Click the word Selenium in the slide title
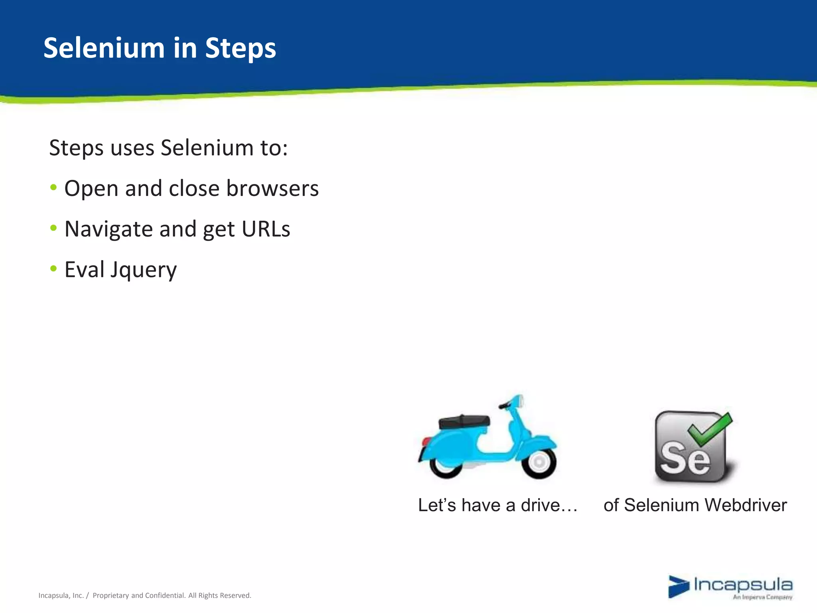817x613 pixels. tap(104, 48)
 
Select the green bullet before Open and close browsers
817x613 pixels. tap(53, 187)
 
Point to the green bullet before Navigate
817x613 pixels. tap(53, 228)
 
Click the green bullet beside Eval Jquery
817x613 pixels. tap(53, 268)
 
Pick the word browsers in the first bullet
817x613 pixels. tap(272, 188)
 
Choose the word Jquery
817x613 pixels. tap(143, 270)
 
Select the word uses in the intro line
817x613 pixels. tap(132, 148)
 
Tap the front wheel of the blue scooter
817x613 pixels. tap(539, 462)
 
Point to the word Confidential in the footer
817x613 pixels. tap(165, 595)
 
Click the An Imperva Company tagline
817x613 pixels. tap(762, 597)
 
